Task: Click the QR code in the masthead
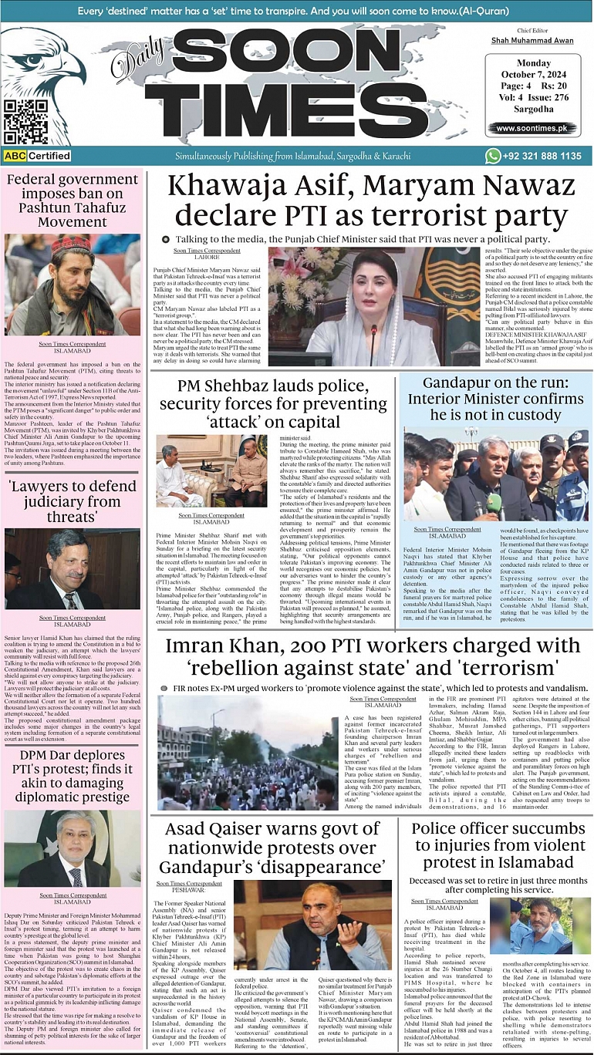(21, 121)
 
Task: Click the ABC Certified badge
(37, 156)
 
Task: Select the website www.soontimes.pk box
(532, 128)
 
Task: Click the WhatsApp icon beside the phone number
(493, 156)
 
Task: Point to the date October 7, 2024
(532, 75)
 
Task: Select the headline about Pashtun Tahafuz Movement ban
(73, 201)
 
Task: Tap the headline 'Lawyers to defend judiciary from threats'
(73, 501)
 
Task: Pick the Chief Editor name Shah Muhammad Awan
(532, 40)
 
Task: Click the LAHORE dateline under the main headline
(208, 258)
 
